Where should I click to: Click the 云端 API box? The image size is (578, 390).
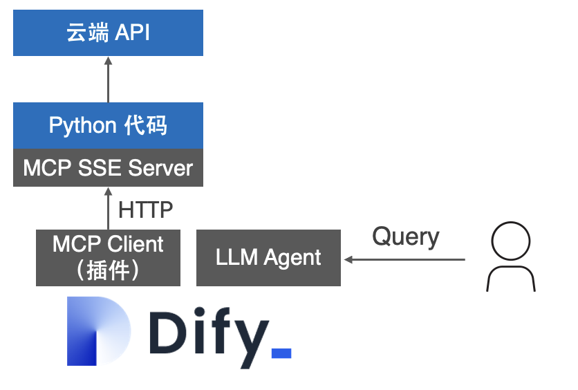click(108, 32)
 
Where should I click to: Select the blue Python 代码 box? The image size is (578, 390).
click(108, 125)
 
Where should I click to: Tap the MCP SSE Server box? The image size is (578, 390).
click(108, 167)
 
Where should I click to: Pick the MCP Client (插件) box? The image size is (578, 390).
click(108, 258)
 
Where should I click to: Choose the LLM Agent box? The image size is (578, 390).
click(268, 258)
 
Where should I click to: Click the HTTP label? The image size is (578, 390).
click(145, 209)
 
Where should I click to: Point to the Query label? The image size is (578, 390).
click(405, 237)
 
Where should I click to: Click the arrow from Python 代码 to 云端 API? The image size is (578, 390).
click(108, 79)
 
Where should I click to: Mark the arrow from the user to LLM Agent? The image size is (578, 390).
click(404, 259)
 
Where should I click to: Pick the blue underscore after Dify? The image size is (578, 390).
click(281, 353)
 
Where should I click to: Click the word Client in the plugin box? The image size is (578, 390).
click(136, 244)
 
